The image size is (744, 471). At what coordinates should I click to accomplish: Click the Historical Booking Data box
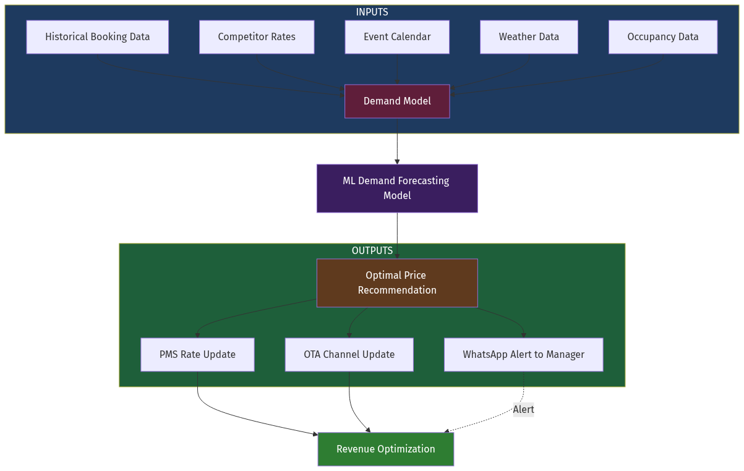97,37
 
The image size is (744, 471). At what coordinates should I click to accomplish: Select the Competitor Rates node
257,37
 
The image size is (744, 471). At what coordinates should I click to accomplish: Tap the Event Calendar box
397,37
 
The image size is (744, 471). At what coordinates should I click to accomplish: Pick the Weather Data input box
529,37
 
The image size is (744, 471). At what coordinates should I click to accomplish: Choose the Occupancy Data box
662,37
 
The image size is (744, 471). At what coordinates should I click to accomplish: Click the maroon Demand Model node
397,101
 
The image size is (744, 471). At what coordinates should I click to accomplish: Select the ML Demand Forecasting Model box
397,189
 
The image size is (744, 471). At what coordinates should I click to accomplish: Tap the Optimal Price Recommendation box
397,283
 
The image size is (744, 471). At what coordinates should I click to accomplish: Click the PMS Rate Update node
197,355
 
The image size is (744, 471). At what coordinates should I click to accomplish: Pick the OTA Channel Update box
349,355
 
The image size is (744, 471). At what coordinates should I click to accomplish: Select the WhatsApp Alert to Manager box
523,355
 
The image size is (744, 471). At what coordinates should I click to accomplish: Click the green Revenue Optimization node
385,449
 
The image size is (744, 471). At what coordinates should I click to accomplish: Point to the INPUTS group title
372,12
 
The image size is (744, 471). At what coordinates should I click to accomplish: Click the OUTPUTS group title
372,251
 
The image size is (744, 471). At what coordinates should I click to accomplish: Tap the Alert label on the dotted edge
523,409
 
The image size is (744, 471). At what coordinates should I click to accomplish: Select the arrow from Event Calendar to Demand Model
397,69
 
